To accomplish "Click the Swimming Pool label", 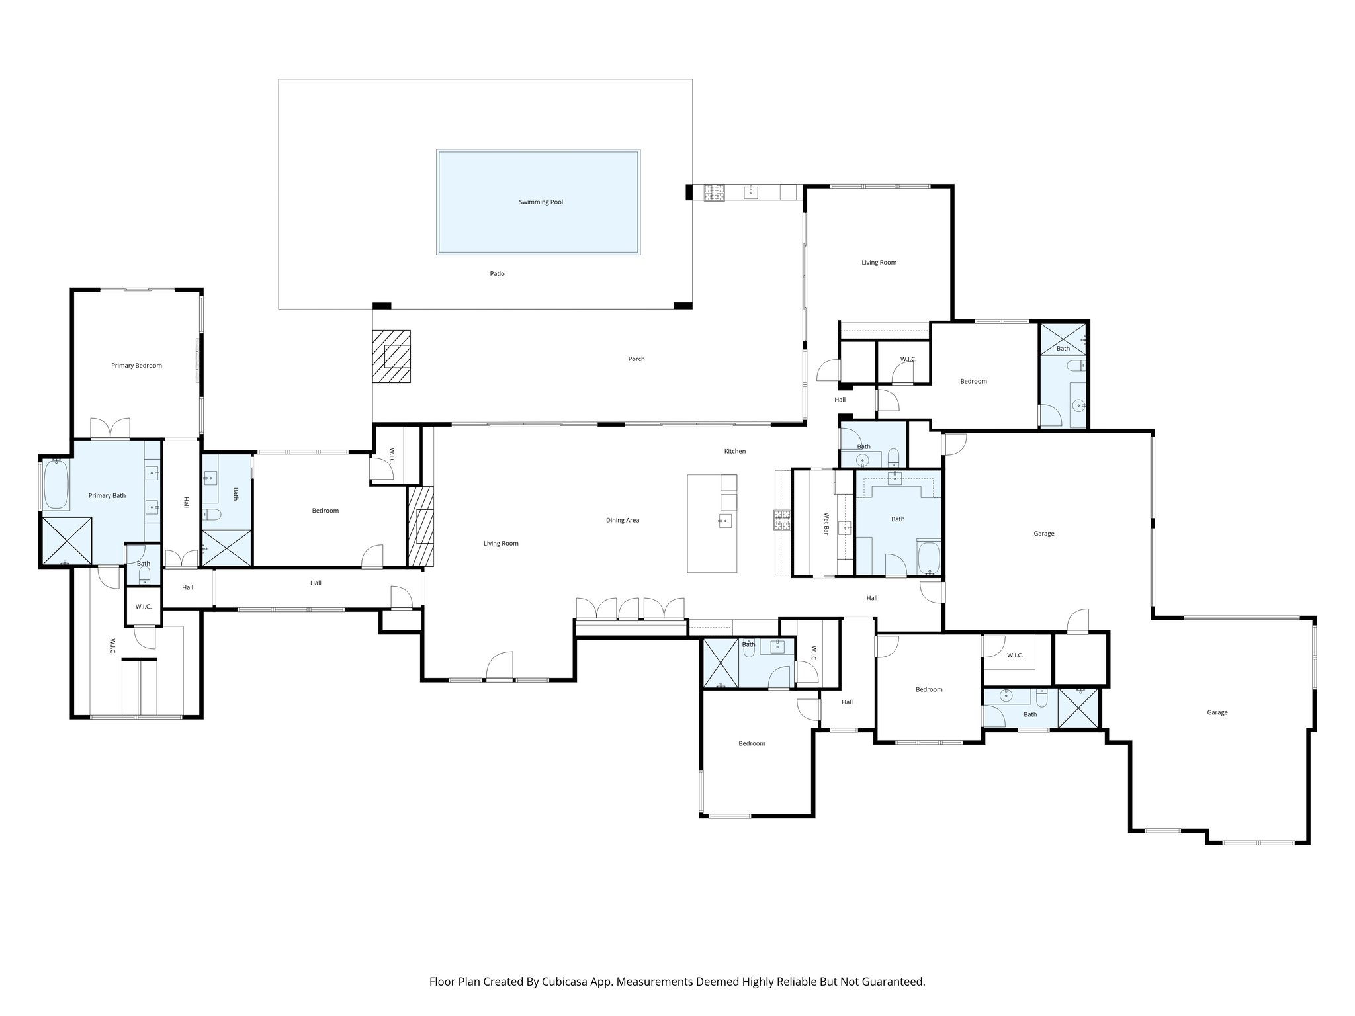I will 541,202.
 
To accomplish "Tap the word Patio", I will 497,274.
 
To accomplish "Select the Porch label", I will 636,359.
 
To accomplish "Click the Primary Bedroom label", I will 136,366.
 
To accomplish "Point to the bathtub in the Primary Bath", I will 56,485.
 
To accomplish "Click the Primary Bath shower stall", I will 66,541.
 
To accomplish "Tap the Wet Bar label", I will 826,523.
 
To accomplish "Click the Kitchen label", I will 734,452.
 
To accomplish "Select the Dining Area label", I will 622,521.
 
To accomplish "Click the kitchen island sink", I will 724,521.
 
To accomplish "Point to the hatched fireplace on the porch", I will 391,356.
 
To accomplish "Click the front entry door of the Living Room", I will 500,667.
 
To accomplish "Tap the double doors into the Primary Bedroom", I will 110,429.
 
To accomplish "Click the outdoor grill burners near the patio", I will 714,192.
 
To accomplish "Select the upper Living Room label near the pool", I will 879,263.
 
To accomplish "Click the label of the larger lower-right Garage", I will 1217,713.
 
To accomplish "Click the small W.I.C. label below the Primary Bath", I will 144,607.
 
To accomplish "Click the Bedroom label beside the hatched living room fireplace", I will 325,511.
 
